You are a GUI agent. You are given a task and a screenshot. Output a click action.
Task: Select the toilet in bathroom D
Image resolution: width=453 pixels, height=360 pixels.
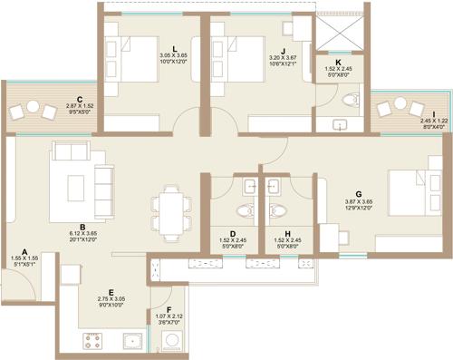point(250,187)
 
